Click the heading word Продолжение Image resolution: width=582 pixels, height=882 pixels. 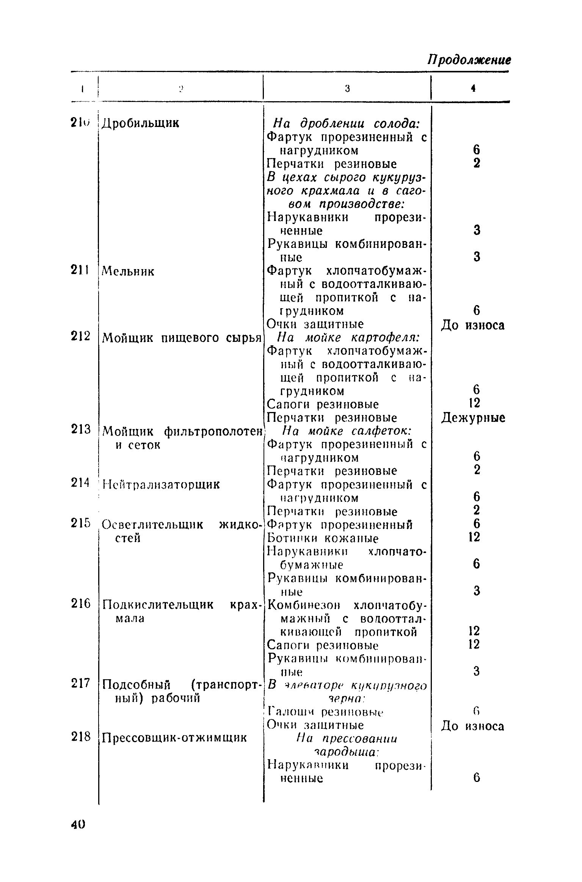pos(469,60)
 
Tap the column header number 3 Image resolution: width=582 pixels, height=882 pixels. pos(347,89)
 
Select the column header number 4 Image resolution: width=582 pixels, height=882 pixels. pos(473,88)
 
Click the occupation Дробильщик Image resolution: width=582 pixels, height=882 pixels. pos(141,123)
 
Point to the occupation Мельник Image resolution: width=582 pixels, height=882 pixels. pos(129,271)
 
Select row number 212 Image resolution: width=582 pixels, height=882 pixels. pos(80,336)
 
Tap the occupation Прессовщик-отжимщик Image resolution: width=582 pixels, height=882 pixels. pos(175,738)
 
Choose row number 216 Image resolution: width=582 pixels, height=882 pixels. pos(81,603)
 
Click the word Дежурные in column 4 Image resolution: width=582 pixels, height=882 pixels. pos(473,418)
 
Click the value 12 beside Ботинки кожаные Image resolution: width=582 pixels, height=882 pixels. pos(474,537)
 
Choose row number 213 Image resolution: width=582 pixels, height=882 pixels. pos(81,429)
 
